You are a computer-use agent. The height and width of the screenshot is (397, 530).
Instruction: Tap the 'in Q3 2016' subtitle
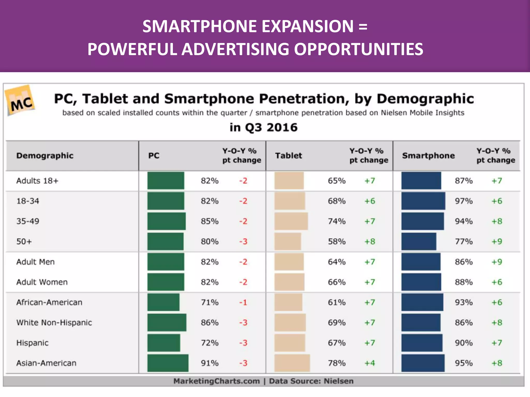(x=263, y=127)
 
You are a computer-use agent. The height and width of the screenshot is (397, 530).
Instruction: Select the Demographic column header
(x=45, y=156)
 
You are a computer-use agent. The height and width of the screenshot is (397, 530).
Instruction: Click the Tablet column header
(x=288, y=156)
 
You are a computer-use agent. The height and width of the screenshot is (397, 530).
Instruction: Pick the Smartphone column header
(x=428, y=156)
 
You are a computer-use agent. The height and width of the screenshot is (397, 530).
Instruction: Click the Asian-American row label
(x=46, y=363)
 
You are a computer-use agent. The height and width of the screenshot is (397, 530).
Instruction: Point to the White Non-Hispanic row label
(x=54, y=323)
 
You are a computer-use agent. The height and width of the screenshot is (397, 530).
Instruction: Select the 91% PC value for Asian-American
(x=210, y=363)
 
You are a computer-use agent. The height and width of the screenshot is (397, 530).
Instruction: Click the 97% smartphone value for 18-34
(x=463, y=201)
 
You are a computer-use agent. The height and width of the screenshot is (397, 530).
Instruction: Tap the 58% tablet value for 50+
(x=336, y=242)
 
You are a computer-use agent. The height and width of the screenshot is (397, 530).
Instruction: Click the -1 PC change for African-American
(x=243, y=302)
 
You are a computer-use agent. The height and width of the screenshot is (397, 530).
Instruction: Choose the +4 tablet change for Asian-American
(x=370, y=363)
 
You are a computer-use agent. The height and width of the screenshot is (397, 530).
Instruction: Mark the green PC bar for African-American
(x=163, y=302)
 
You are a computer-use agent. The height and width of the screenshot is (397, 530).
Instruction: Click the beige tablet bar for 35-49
(x=291, y=221)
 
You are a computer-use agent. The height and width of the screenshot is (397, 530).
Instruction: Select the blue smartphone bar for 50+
(x=418, y=241)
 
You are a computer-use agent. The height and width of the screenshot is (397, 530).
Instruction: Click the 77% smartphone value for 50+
(x=463, y=242)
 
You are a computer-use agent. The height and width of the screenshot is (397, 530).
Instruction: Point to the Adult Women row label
(x=42, y=282)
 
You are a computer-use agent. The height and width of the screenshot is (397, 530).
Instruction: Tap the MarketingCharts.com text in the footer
(x=216, y=381)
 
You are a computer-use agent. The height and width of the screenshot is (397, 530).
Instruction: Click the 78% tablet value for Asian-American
(x=336, y=363)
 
